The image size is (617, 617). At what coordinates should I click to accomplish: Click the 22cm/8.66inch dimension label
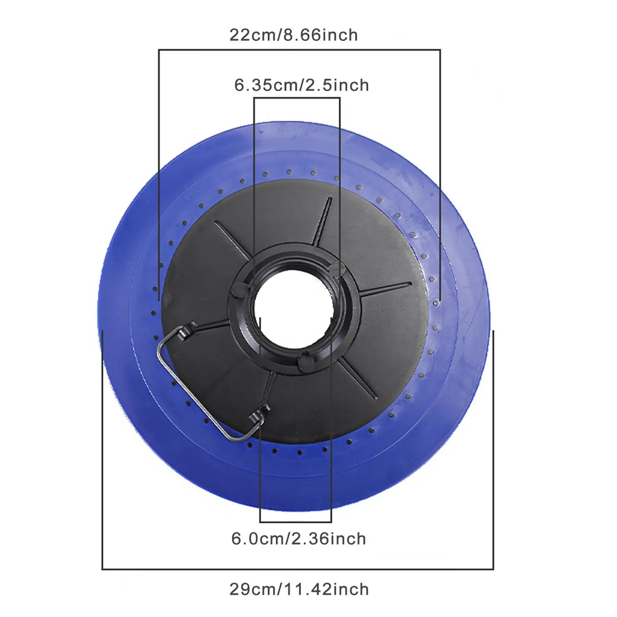293,35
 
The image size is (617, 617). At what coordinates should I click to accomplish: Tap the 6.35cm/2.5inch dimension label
302,85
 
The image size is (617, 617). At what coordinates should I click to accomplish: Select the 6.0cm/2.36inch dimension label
298,539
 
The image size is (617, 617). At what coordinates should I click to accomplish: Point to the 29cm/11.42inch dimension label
299,590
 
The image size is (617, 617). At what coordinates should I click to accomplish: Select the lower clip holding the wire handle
258,416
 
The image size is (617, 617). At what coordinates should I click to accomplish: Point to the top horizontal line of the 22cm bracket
299,50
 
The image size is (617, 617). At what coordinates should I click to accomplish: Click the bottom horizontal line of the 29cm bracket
298,569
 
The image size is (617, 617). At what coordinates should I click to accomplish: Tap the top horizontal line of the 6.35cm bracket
297,98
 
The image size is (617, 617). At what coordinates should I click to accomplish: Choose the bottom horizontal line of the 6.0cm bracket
296,522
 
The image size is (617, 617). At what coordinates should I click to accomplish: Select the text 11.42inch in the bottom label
326,590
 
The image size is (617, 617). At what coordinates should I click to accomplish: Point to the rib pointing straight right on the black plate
386,289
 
